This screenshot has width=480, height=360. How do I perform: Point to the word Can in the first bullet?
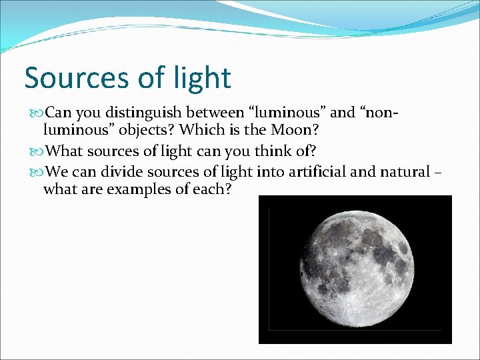58,113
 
